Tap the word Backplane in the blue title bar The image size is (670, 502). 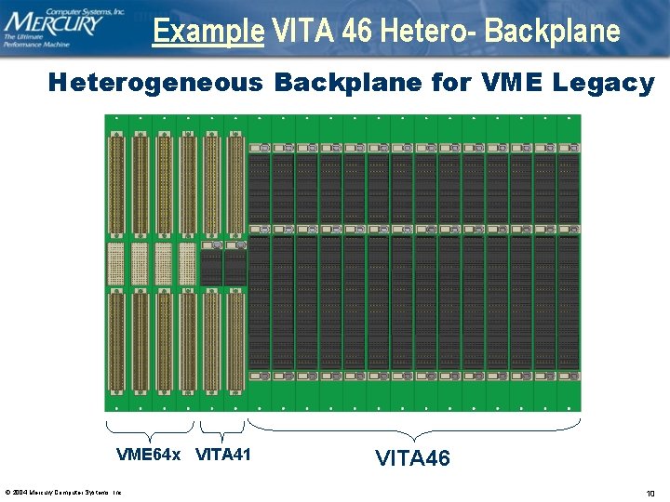553,31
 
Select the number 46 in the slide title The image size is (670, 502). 357,31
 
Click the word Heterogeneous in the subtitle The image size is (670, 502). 155,83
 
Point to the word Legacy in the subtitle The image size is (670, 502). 604,83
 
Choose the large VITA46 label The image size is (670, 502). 412,457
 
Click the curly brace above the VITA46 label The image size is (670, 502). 414,429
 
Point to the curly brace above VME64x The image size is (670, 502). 150,429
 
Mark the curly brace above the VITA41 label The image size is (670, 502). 221,429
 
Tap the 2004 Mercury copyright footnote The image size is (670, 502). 63,492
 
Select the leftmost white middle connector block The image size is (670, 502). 116,264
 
